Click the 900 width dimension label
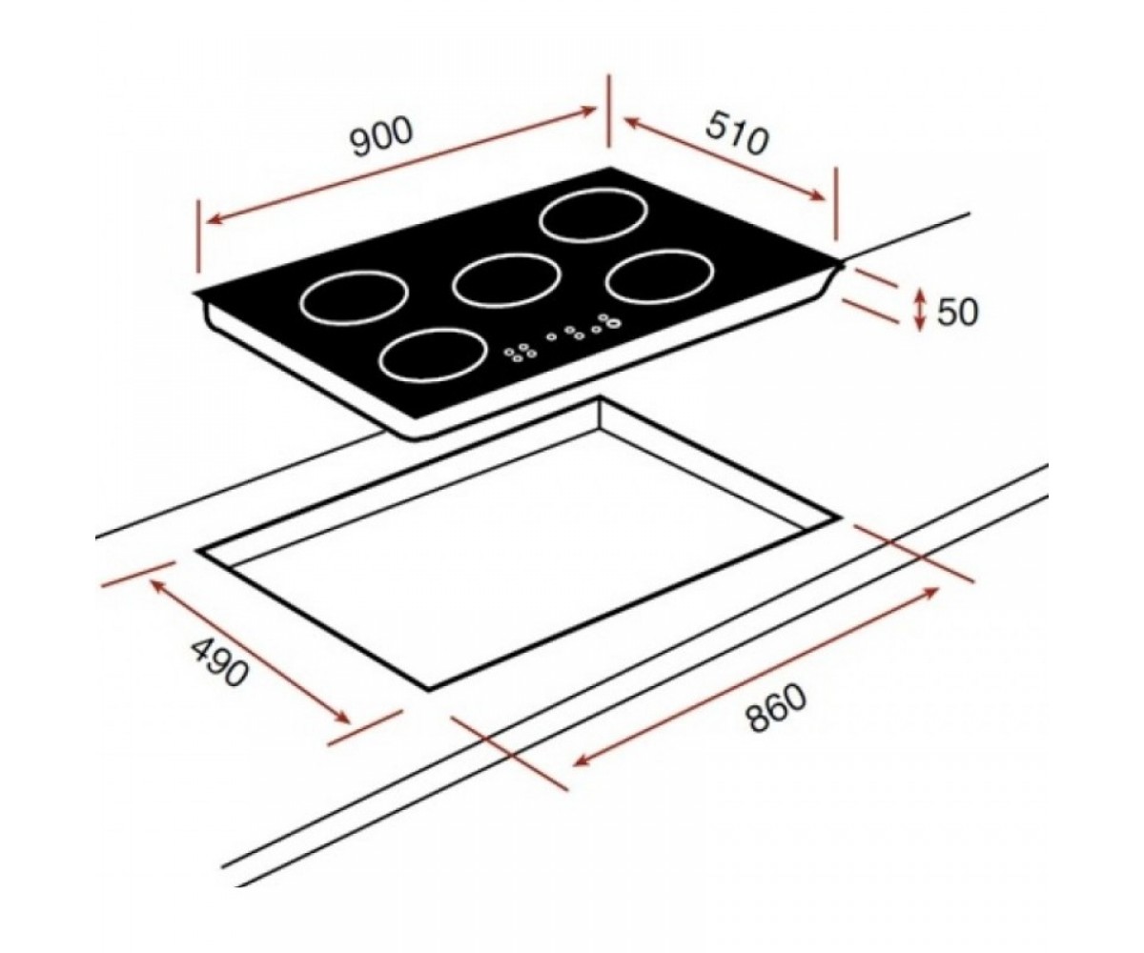click(380, 137)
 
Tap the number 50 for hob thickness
click(957, 312)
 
